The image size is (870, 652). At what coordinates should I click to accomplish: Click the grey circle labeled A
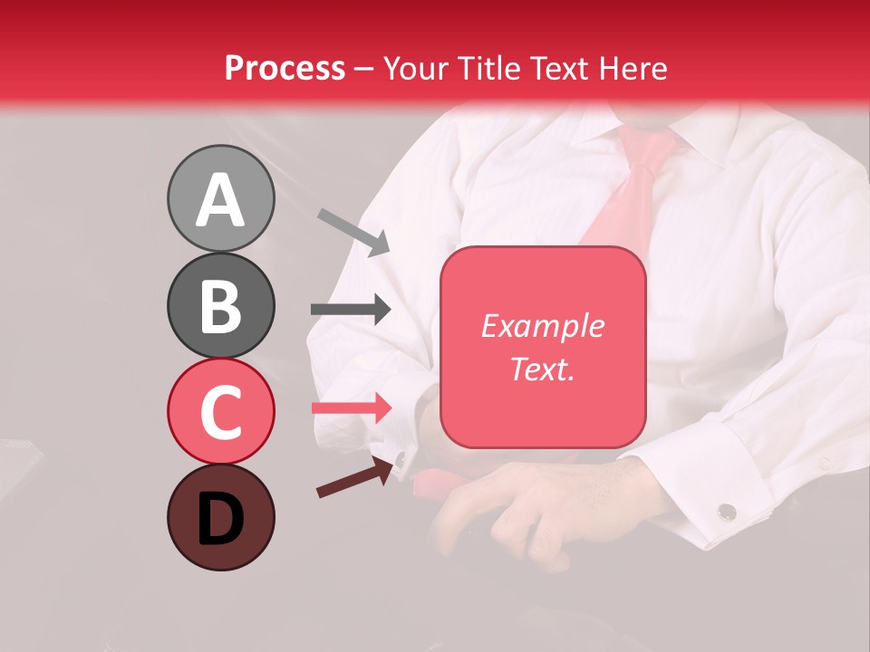tap(220, 198)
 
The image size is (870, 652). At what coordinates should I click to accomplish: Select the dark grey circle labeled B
tap(220, 305)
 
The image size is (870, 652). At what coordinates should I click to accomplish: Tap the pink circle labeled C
tap(220, 411)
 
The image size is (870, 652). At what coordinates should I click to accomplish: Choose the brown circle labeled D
tap(220, 517)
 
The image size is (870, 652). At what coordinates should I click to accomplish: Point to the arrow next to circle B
tap(351, 310)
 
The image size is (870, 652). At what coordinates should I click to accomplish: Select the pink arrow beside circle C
tap(351, 407)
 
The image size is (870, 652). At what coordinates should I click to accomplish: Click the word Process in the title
tap(285, 68)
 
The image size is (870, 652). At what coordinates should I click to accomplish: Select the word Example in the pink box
tap(542, 326)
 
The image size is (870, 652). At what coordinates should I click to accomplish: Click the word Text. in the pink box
tap(542, 369)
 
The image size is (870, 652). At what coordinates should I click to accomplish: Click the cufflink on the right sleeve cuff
tap(726, 512)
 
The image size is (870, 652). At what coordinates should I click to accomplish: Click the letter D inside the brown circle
tap(220, 520)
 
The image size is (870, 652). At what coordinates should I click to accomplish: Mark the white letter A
tap(220, 200)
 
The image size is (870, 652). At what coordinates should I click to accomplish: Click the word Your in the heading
tap(417, 68)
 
